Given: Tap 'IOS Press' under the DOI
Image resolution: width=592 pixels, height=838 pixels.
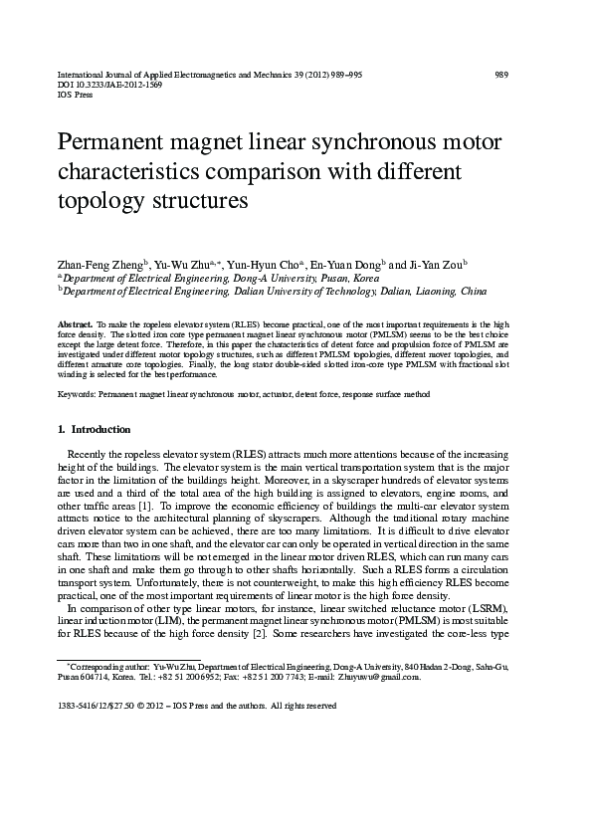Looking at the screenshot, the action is point(76,97).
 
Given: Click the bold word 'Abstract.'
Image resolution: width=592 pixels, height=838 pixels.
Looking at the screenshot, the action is point(76,325).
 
